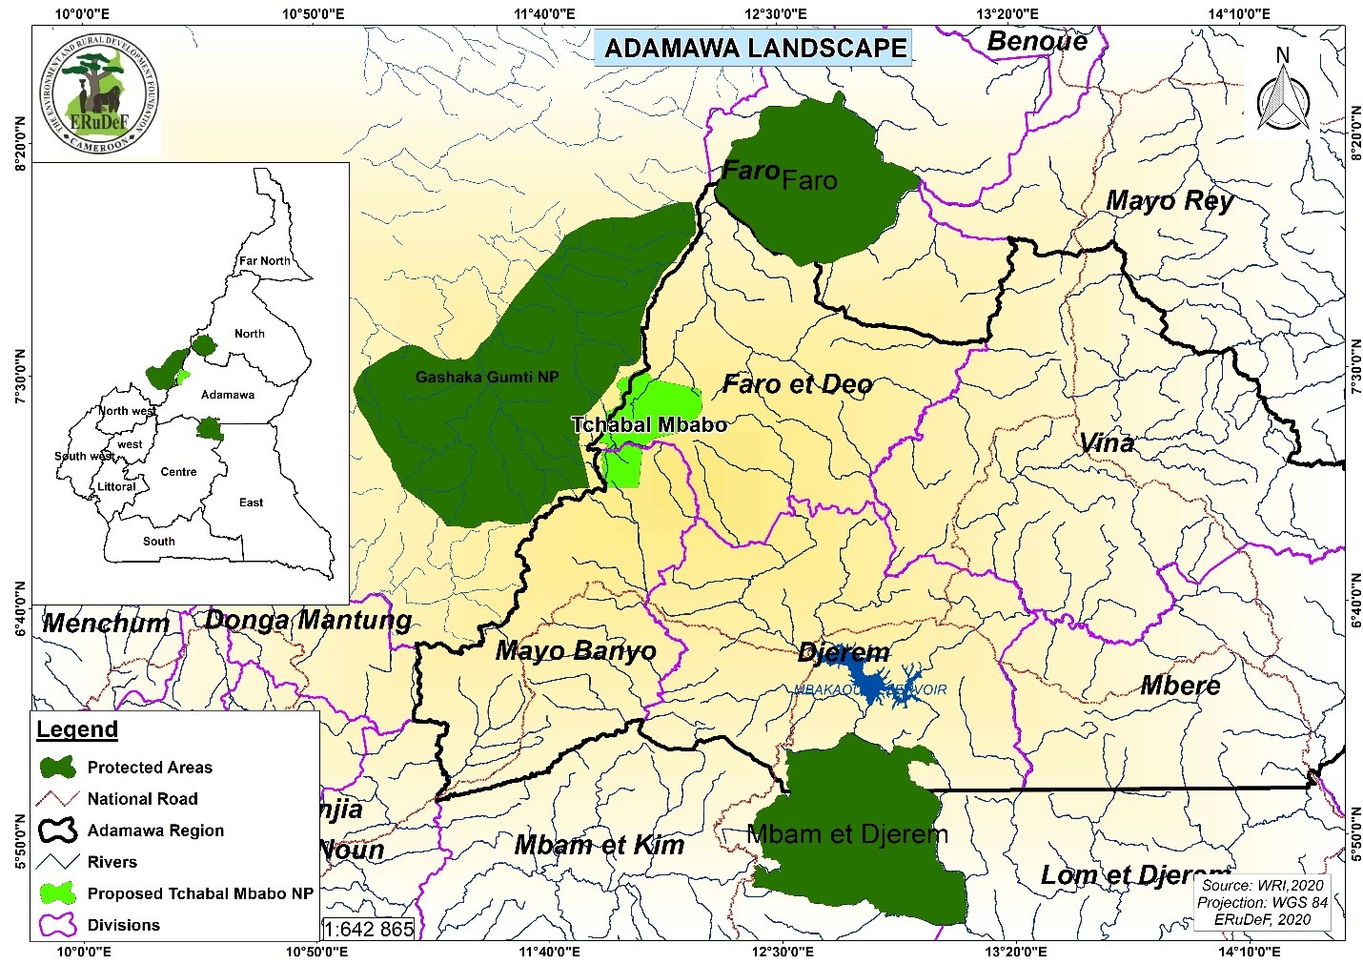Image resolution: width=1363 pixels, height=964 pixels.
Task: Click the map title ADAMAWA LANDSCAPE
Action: [x=754, y=48]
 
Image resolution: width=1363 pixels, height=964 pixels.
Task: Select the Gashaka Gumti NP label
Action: [x=486, y=377]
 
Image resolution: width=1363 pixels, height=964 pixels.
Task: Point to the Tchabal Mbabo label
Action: [x=649, y=425]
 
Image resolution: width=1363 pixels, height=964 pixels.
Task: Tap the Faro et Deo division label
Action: [x=797, y=384]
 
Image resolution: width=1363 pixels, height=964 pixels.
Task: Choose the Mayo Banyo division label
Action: [x=576, y=651]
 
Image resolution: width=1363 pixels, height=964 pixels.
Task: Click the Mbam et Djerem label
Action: [x=847, y=834]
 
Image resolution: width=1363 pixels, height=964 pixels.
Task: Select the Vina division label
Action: [x=1107, y=442]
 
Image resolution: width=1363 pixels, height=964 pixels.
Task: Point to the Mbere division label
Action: [x=1180, y=686]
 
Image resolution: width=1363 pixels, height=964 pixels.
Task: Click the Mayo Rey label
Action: [x=1170, y=201]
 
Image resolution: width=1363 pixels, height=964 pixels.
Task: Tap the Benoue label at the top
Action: [x=1037, y=41]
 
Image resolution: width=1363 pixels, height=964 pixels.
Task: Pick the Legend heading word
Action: [x=77, y=729]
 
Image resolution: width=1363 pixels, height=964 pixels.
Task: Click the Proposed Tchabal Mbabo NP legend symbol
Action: [x=58, y=893]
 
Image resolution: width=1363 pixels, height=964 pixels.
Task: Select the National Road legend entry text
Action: [x=142, y=799]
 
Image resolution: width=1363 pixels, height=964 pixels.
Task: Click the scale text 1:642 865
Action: [x=369, y=929]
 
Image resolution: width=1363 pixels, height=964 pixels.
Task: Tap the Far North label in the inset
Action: [x=264, y=260]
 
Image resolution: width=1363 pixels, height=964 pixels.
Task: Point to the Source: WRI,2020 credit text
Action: [x=1263, y=885]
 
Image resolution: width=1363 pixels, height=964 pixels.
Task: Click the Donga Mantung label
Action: [x=308, y=621]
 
